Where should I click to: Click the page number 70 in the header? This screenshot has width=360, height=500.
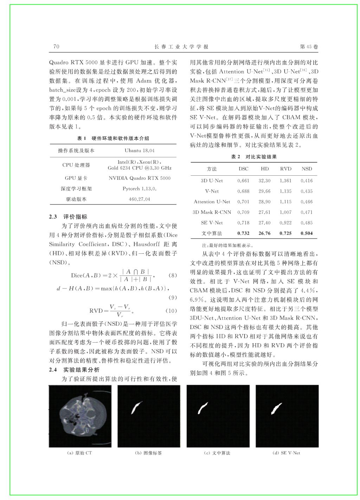click(x=56, y=47)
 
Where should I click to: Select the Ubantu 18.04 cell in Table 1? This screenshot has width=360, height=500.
click(x=139, y=151)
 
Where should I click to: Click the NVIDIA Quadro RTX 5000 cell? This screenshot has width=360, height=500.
click(x=139, y=178)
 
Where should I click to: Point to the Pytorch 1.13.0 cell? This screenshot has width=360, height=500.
click(x=139, y=189)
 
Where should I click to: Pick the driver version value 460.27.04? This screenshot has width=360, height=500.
click(x=139, y=199)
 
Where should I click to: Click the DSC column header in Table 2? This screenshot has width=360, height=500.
click(x=243, y=169)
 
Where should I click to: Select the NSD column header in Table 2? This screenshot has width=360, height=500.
click(x=307, y=169)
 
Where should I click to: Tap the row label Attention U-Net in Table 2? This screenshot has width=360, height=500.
click(x=212, y=202)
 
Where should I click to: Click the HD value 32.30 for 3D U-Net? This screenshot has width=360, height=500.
click(x=264, y=181)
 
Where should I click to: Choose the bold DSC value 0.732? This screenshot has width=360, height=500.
click(x=243, y=233)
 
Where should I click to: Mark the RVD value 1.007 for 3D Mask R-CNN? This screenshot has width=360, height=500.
click(x=285, y=212)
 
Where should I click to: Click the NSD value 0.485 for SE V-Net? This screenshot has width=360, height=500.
click(x=307, y=223)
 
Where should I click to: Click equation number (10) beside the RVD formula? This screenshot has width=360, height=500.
click(x=171, y=311)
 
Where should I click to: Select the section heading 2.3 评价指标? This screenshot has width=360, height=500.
click(x=68, y=217)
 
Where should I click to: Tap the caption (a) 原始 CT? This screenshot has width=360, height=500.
click(x=79, y=453)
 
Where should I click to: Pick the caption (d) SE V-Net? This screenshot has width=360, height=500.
click(x=287, y=453)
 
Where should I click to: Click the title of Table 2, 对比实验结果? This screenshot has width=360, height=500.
click(x=254, y=157)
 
